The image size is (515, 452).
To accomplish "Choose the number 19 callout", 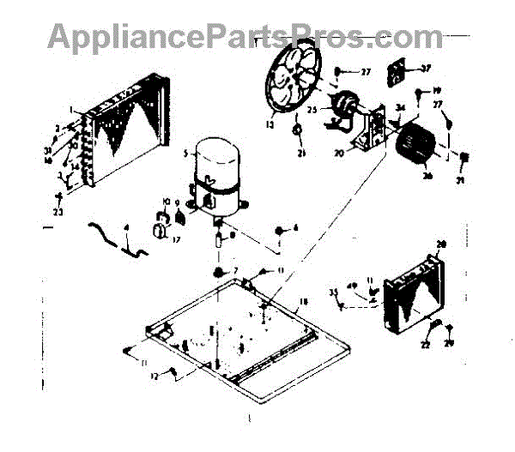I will click(x=436, y=90).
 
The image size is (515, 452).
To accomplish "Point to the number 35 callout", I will click(x=334, y=292).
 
